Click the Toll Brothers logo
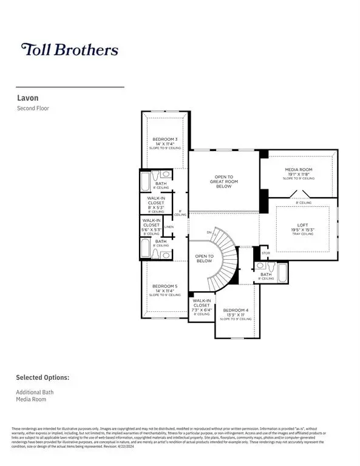pos(70,50)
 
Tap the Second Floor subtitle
pos(33,109)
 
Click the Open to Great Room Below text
pos(223,181)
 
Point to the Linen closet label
pos(169,228)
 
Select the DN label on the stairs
pos(209,232)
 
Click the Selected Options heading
pos(42,377)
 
